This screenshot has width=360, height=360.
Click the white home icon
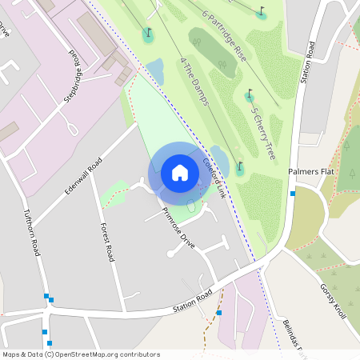(x=180, y=172)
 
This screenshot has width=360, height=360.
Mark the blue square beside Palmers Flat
(x=294, y=194)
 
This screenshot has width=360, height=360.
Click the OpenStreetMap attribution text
(x=81, y=354)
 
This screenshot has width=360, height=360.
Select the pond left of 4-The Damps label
(x=155, y=72)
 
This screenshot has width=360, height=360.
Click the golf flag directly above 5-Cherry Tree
(x=250, y=96)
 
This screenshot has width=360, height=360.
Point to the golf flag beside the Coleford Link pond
(x=239, y=168)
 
